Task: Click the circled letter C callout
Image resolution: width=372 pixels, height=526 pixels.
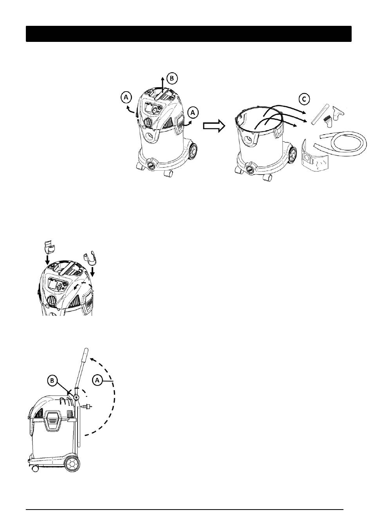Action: [x=304, y=99]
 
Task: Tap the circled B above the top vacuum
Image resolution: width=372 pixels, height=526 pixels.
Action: [x=172, y=78]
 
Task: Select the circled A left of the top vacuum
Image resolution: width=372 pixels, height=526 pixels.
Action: [x=126, y=97]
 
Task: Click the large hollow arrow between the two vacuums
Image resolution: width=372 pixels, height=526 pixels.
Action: [x=214, y=126]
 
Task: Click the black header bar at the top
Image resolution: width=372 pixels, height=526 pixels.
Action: [x=188, y=34]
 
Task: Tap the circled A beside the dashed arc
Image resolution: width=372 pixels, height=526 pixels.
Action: [x=97, y=380]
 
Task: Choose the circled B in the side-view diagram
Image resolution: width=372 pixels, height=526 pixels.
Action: [x=52, y=381]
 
